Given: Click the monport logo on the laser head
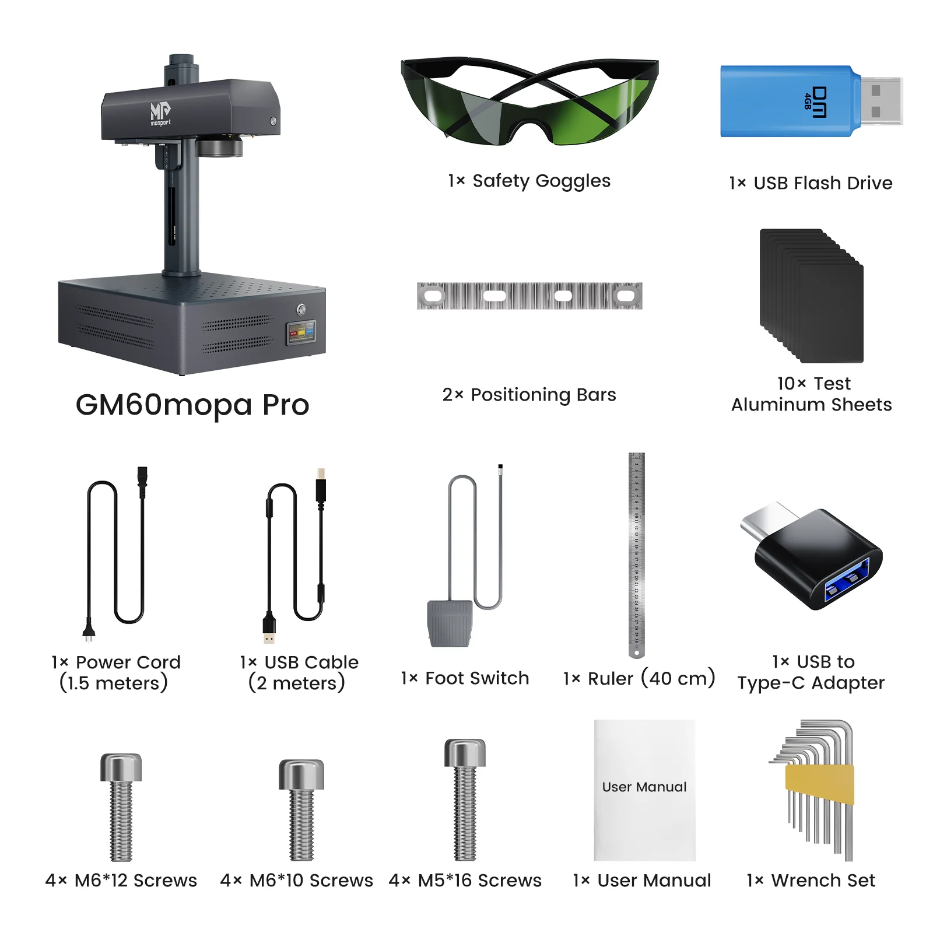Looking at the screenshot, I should point(160,113).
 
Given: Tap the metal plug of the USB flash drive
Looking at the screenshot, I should point(881,100).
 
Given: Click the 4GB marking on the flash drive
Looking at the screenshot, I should point(808,100).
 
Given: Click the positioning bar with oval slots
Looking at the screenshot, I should point(529,296).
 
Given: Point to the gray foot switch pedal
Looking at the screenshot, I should point(450,623).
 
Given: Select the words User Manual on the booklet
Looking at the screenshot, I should point(644,787).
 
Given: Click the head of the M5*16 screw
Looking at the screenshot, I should point(465,753).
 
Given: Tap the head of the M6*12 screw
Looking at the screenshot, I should point(121,767).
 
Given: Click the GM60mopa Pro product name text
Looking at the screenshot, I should point(192,404).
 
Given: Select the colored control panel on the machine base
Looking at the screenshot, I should point(301,332).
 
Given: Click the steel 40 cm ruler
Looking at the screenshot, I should point(636,554).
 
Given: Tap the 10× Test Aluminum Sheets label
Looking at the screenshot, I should point(812,394).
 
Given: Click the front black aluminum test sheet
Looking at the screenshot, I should point(830,313).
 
